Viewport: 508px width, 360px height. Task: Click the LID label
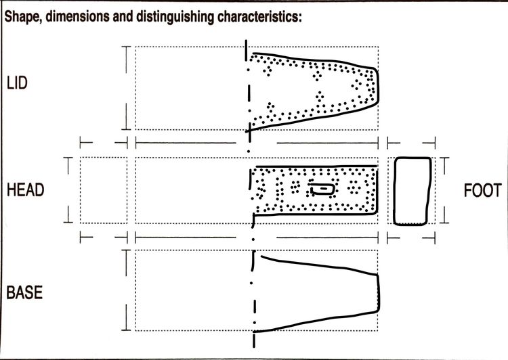click(x=17, y=83)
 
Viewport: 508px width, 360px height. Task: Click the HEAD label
click(x=25, y=190)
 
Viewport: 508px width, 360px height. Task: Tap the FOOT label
click(x=482, y=190)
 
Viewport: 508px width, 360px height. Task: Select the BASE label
click(x=24, y=292)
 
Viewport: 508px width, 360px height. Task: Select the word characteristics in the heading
click(x=259, y=16)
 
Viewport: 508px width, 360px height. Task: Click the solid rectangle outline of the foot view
click(x=394, y=191)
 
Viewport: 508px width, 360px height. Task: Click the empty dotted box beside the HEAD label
click(x=104, y=190)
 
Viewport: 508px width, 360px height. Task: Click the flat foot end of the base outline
click(x=379, y=293)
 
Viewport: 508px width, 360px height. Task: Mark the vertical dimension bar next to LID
click(x=126, y=88)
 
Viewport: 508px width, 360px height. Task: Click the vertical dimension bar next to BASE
click(x=126, y=290)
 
